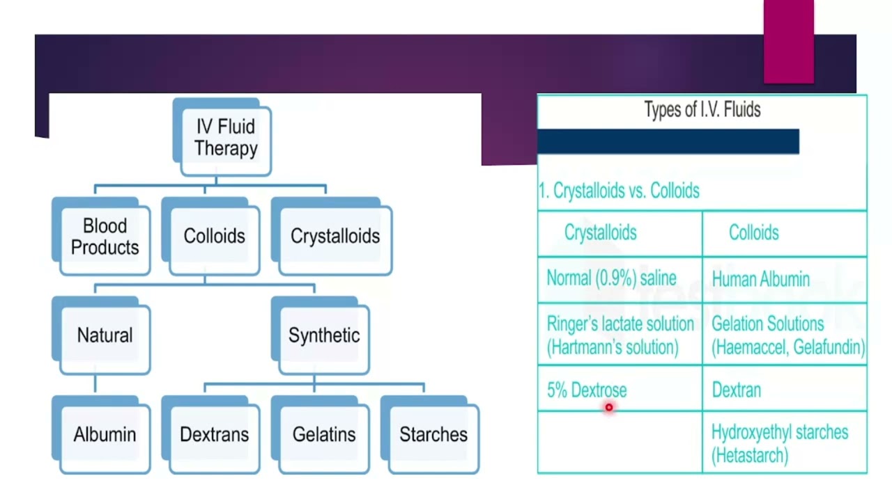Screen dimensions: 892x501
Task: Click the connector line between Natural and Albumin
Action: pyautogui.click(x=95, y=383)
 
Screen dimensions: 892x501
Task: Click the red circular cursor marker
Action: pyautogui.click(x=609, y=407)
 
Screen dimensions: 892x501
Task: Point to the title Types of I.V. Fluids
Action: pyautogui.click(x=702, y=109)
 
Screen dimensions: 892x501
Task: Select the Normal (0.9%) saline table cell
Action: pyautogui.click(x=620, y=280)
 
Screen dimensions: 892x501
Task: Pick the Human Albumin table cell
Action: pyautogui.click(x=785, y=280)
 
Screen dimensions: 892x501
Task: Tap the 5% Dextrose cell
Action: pyautogui.click(x=620, y=388)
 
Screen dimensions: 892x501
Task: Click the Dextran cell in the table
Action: pyautogui.click(x=785, y=388)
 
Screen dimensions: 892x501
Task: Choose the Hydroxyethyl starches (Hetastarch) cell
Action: pyautogui.click(x=785, y=443)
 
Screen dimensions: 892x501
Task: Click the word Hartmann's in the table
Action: pyautogui.click(x=587, y=347)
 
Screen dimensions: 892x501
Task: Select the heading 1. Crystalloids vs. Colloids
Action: pyautogui.click(x=619, y=191)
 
